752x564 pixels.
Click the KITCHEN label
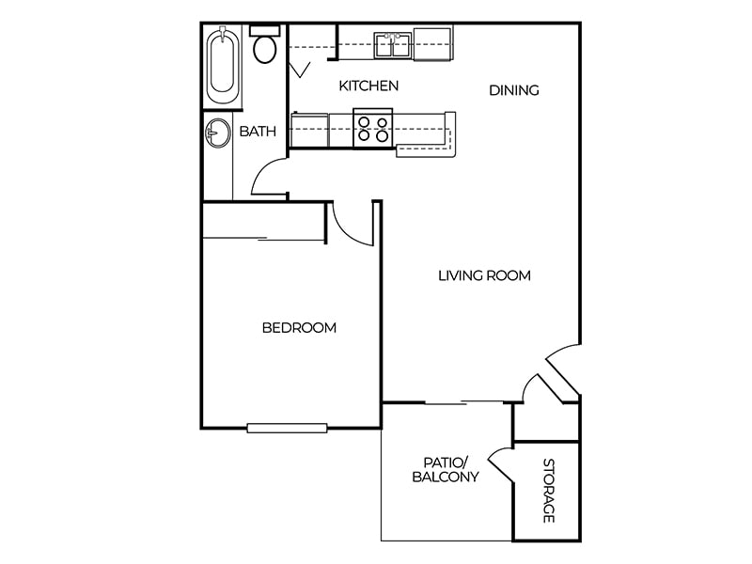point(368,86)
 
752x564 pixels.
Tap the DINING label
point(514,91)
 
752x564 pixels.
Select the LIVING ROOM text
point(484,276)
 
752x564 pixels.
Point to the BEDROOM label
point(299,328)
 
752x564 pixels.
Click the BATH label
point(258,132)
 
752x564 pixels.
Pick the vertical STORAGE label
point(548,491)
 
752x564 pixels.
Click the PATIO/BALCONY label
point(446,470)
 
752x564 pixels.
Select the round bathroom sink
point(218,133)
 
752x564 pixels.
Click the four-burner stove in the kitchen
point(372,128)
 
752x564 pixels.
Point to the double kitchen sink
point(393,44)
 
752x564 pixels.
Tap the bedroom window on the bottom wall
point(287,428)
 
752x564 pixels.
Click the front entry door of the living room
point(562,368)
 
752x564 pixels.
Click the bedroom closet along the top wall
point(264,222)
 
